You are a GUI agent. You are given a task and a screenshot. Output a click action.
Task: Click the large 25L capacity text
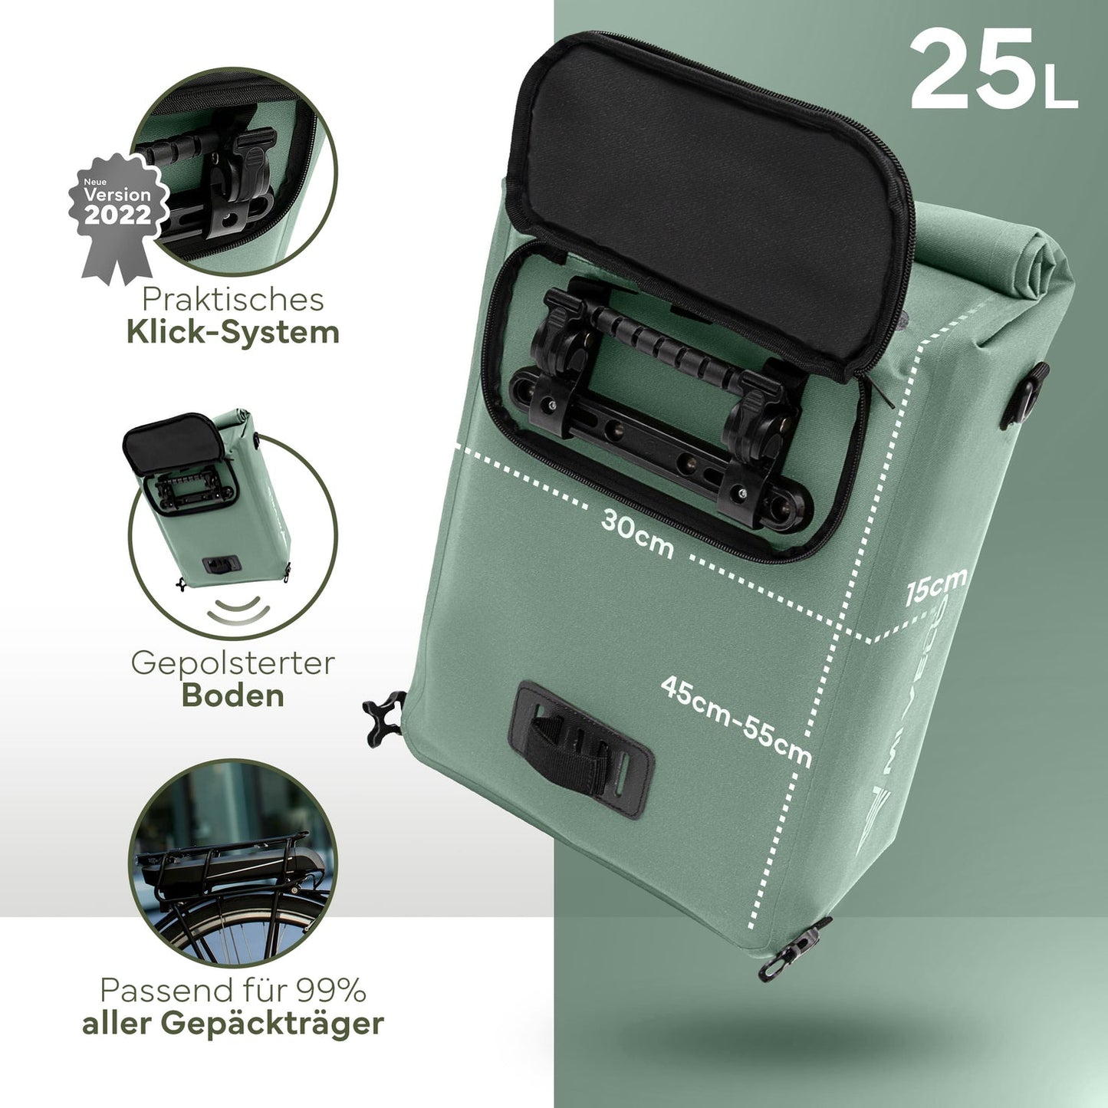click(993, 70)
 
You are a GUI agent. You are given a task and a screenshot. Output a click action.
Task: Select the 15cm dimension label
click(935, 586)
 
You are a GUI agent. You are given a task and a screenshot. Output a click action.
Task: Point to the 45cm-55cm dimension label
click(736, 721)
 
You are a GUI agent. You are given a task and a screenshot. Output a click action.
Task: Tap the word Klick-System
click(233, 333)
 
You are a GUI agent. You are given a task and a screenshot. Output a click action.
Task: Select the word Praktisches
click(233, 299)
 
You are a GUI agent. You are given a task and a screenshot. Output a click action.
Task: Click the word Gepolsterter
click(233, 663)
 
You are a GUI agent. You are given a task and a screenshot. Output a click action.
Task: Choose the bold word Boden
click(233, 695)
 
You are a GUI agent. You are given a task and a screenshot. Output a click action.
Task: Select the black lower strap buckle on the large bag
click(580, 748)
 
